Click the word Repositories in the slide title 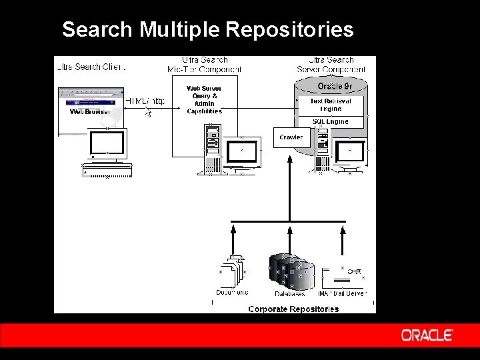click(289, 29)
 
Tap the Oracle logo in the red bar click(427, 335)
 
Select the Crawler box click(291, 137)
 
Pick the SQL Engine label click(331, 122)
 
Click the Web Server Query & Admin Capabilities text click(204, 99)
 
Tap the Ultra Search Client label click(91, 67)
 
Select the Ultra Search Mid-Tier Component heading click(205, 65)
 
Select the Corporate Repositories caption click(293, 309)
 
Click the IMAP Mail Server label click(342, 293)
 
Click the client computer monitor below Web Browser click(107, 144)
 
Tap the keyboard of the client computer click(107, 171)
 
